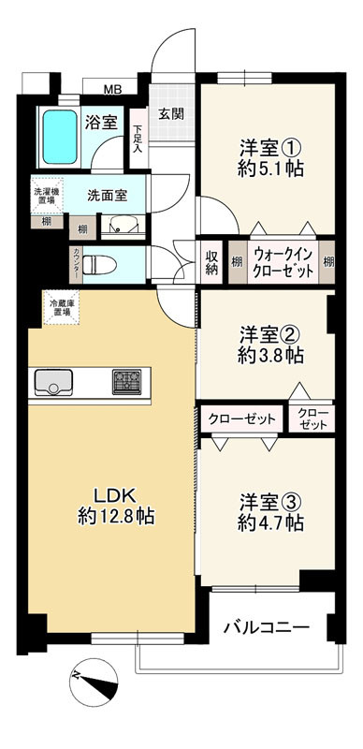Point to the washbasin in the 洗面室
(x=123, y=225)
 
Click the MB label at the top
(x=112, y=90)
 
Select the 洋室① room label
(x=270, y=147)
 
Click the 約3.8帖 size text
(x=270, y=356)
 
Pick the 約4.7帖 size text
(x=270, y=524)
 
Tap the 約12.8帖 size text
(x=116, y=516)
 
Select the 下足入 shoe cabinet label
(x=137, y=139)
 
